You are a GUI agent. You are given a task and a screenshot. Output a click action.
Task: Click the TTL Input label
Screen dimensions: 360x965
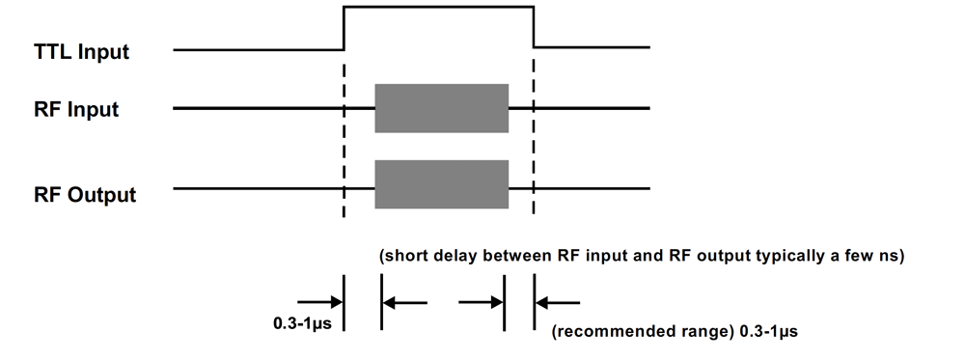81,51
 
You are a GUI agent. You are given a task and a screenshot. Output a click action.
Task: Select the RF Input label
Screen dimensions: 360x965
76,109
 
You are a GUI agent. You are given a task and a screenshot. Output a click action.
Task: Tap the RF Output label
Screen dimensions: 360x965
84,194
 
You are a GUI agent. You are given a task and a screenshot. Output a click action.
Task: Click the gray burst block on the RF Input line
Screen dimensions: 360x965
441,108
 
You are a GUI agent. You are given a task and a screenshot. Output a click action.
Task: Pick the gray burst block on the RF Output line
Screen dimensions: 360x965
441,183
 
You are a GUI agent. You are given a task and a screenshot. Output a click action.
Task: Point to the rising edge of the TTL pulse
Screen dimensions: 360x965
344,28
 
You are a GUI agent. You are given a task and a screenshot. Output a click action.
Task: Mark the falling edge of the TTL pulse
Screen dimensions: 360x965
534,28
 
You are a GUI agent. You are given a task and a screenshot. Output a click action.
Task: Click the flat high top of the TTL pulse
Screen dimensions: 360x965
439,8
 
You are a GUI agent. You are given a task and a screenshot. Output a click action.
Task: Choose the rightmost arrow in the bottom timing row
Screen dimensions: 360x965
562,302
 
